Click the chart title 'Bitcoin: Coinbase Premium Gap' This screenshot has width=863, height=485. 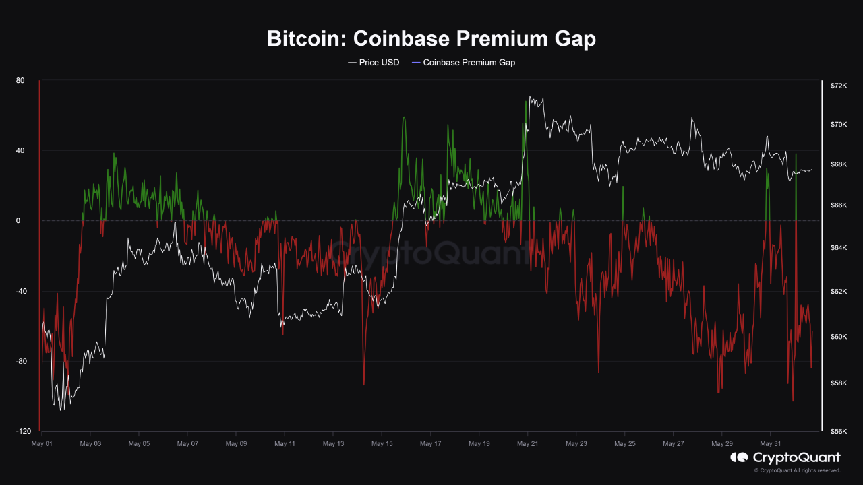click(x=431, y=39)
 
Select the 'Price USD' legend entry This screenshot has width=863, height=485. click(x=374, y=63)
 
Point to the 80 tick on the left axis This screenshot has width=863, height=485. click(x=20, y=81)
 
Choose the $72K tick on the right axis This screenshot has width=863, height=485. click(x=838, y=86)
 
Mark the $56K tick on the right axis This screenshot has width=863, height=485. click(x=838, y=431)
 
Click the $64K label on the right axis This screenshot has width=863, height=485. click(x=838, y=248)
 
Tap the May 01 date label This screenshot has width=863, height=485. click(x=42, y=444)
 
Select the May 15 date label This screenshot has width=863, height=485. click(x=382, y=444)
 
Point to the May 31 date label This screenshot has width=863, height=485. click(x=770, y=444)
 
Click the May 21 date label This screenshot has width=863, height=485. click(x=527, y=444)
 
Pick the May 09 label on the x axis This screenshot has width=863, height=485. click(x=236, y=444)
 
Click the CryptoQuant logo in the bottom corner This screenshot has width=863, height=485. click(x=785, y=458)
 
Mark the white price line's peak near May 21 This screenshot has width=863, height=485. click(x=531, y=96)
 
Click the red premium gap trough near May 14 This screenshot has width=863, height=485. click(x=363, y=385)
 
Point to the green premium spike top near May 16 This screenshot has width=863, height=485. click(x=404, y=117)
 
